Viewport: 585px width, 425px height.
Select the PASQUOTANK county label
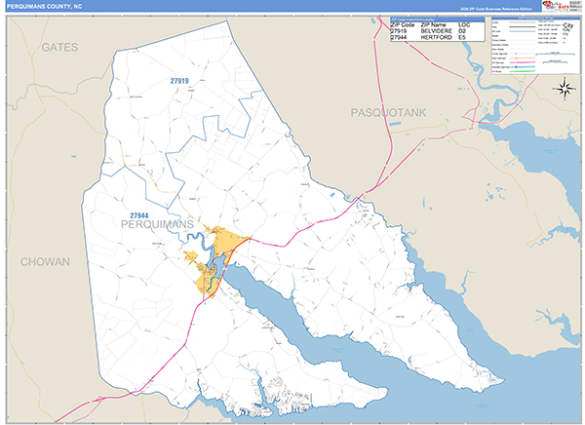coord(389,114)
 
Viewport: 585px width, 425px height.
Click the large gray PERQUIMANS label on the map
coord(156,225)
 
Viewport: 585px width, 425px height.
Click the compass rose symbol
coord(565,89)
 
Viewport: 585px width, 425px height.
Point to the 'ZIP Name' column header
coord(437,24)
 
